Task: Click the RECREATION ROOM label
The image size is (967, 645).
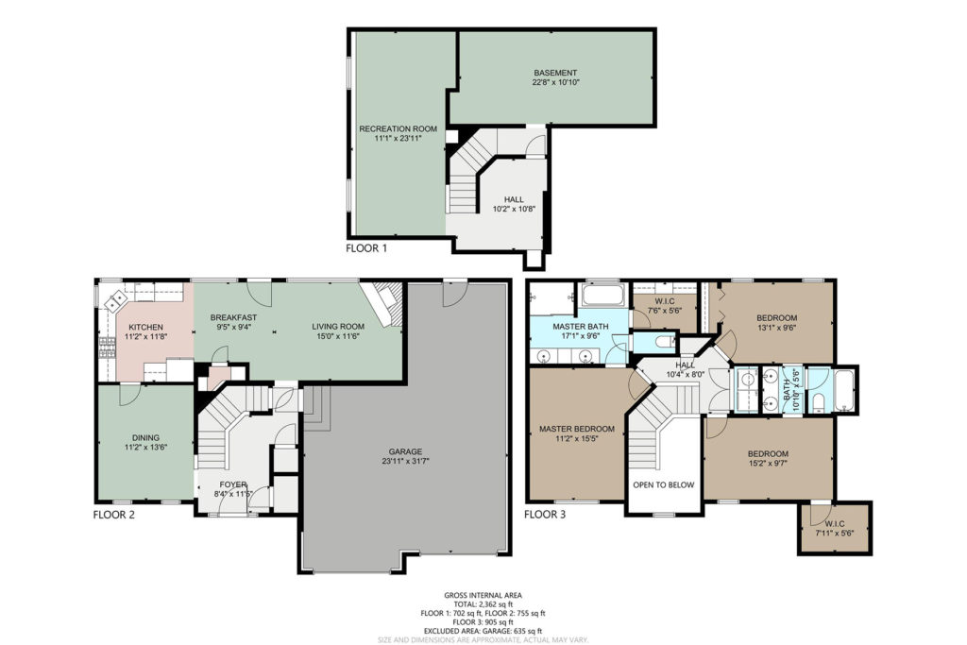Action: pyautogui.click(x=398, y=128)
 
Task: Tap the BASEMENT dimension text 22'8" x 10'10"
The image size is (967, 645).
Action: pyautogui.click(x=555, y=82)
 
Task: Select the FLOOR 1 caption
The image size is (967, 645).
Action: pyautogui.click(x=366, y=248)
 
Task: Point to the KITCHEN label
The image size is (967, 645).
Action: pyautogui.click(x=146, y=327)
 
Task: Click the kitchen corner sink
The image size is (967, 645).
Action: pyautogui.click(x=115, y=302)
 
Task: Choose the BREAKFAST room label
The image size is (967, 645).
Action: pyautogui.click(x=234, y=317)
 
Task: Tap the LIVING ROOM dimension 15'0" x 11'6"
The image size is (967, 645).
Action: pyautogui.click(x=338, y=336)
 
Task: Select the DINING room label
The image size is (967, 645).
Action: pyautogui.click(x=145, y=438)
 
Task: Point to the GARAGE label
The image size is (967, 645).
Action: pyautogui.click(x=405, y=451)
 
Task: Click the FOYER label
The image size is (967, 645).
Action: pyautogui.click(x=233, y=484)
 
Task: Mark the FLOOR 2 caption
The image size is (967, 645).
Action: pyautogui.click(x=114, y=515)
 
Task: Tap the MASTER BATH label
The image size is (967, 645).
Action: pyautogui.click(x=581, y=326)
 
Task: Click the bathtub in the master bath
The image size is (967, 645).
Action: pyautogui.click(x=602, y=295)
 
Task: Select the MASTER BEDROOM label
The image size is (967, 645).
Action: pyautogui.click(x=577, y=429)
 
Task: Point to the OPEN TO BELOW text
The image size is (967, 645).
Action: pyautogui.click(x=664, y=484)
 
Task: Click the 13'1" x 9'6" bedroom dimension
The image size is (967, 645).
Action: pyautogui.click(x=777, y=328)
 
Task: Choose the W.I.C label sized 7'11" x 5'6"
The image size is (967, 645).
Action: pyautogui.click(x=835, y=523)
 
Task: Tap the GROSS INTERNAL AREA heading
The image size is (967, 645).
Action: pyautogui.click(x=483, y=596)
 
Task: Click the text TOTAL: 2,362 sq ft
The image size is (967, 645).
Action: pyautogui.click(x=483, y=604)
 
